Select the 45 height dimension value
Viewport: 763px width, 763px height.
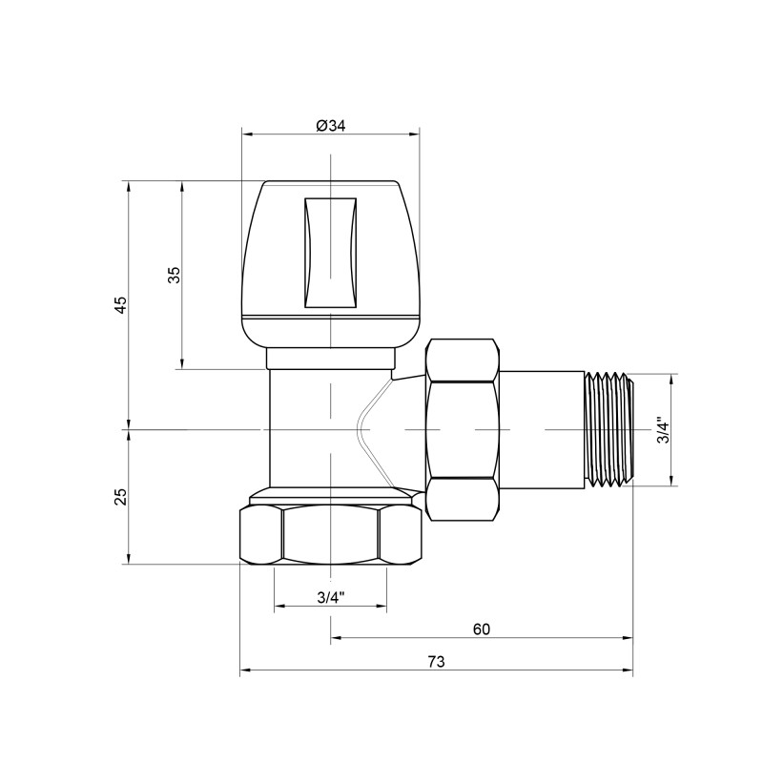[120, 304]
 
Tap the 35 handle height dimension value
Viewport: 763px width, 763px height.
[174, 275]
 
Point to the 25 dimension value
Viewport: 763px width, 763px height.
[120, 496]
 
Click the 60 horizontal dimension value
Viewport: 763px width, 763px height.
[481, 629]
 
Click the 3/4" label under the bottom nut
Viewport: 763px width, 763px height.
[330, 598]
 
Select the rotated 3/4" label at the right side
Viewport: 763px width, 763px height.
[663, 431]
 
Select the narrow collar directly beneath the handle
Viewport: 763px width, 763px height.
[330, 360]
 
